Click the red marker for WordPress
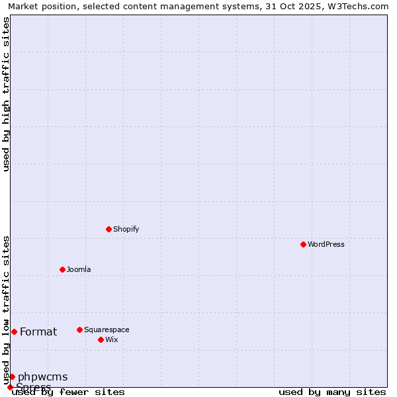[303, 244]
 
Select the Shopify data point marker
[109, 229]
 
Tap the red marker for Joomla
[62, 269]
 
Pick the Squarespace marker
[79, 330]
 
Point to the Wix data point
[101, 339]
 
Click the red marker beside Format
[14, 331]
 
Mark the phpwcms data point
[12, 376]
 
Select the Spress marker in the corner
[10, 387]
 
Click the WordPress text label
[326, 245]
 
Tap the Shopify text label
[126, 230]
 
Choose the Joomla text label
[79, 270]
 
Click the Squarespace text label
[107, 330]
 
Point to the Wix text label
[111, 340]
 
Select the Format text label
[38, 332]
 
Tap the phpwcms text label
[42, 377]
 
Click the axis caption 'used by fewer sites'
[68, 392]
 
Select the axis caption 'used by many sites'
[332, 392]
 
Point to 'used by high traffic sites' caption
[6, 94]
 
